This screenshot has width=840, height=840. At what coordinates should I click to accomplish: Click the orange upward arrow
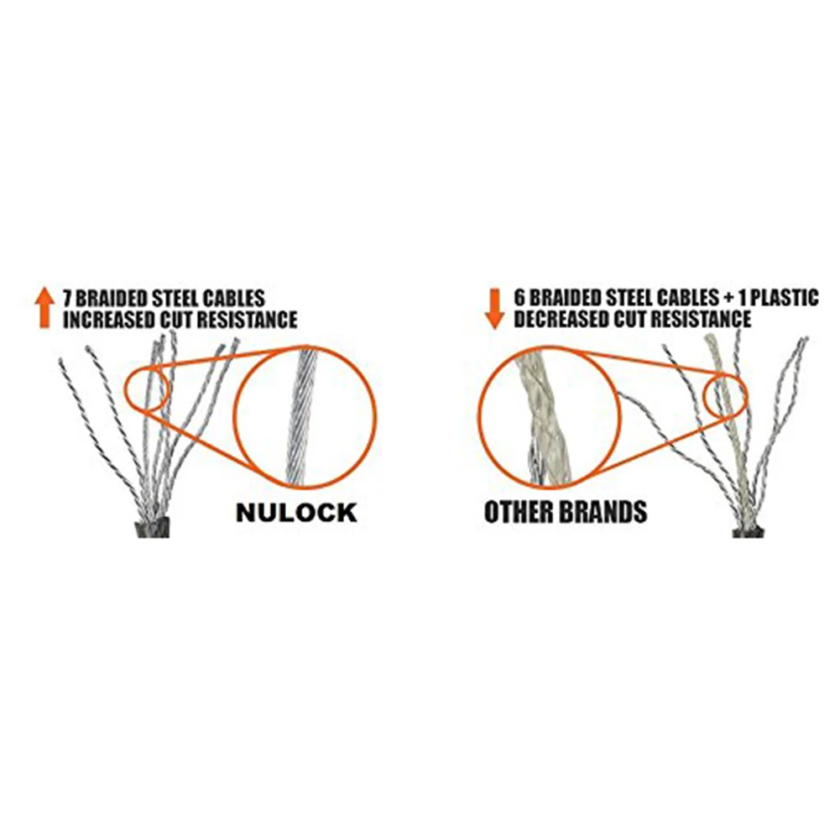click(44, 307)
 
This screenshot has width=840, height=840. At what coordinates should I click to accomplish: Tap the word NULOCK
click(295, 512)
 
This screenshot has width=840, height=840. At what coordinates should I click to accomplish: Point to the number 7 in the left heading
click(66, 298)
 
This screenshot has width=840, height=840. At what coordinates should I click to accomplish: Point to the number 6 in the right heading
click(520, 298)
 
